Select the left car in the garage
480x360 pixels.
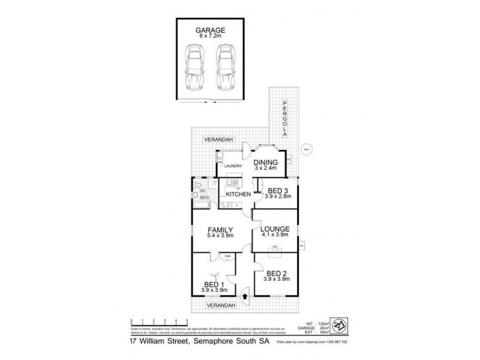click(195, 67)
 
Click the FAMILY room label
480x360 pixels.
click(220, 230)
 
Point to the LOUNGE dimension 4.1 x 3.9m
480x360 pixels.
click(275, 236)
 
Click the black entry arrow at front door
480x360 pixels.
click(245, 295)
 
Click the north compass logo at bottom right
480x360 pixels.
click(340, 326)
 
